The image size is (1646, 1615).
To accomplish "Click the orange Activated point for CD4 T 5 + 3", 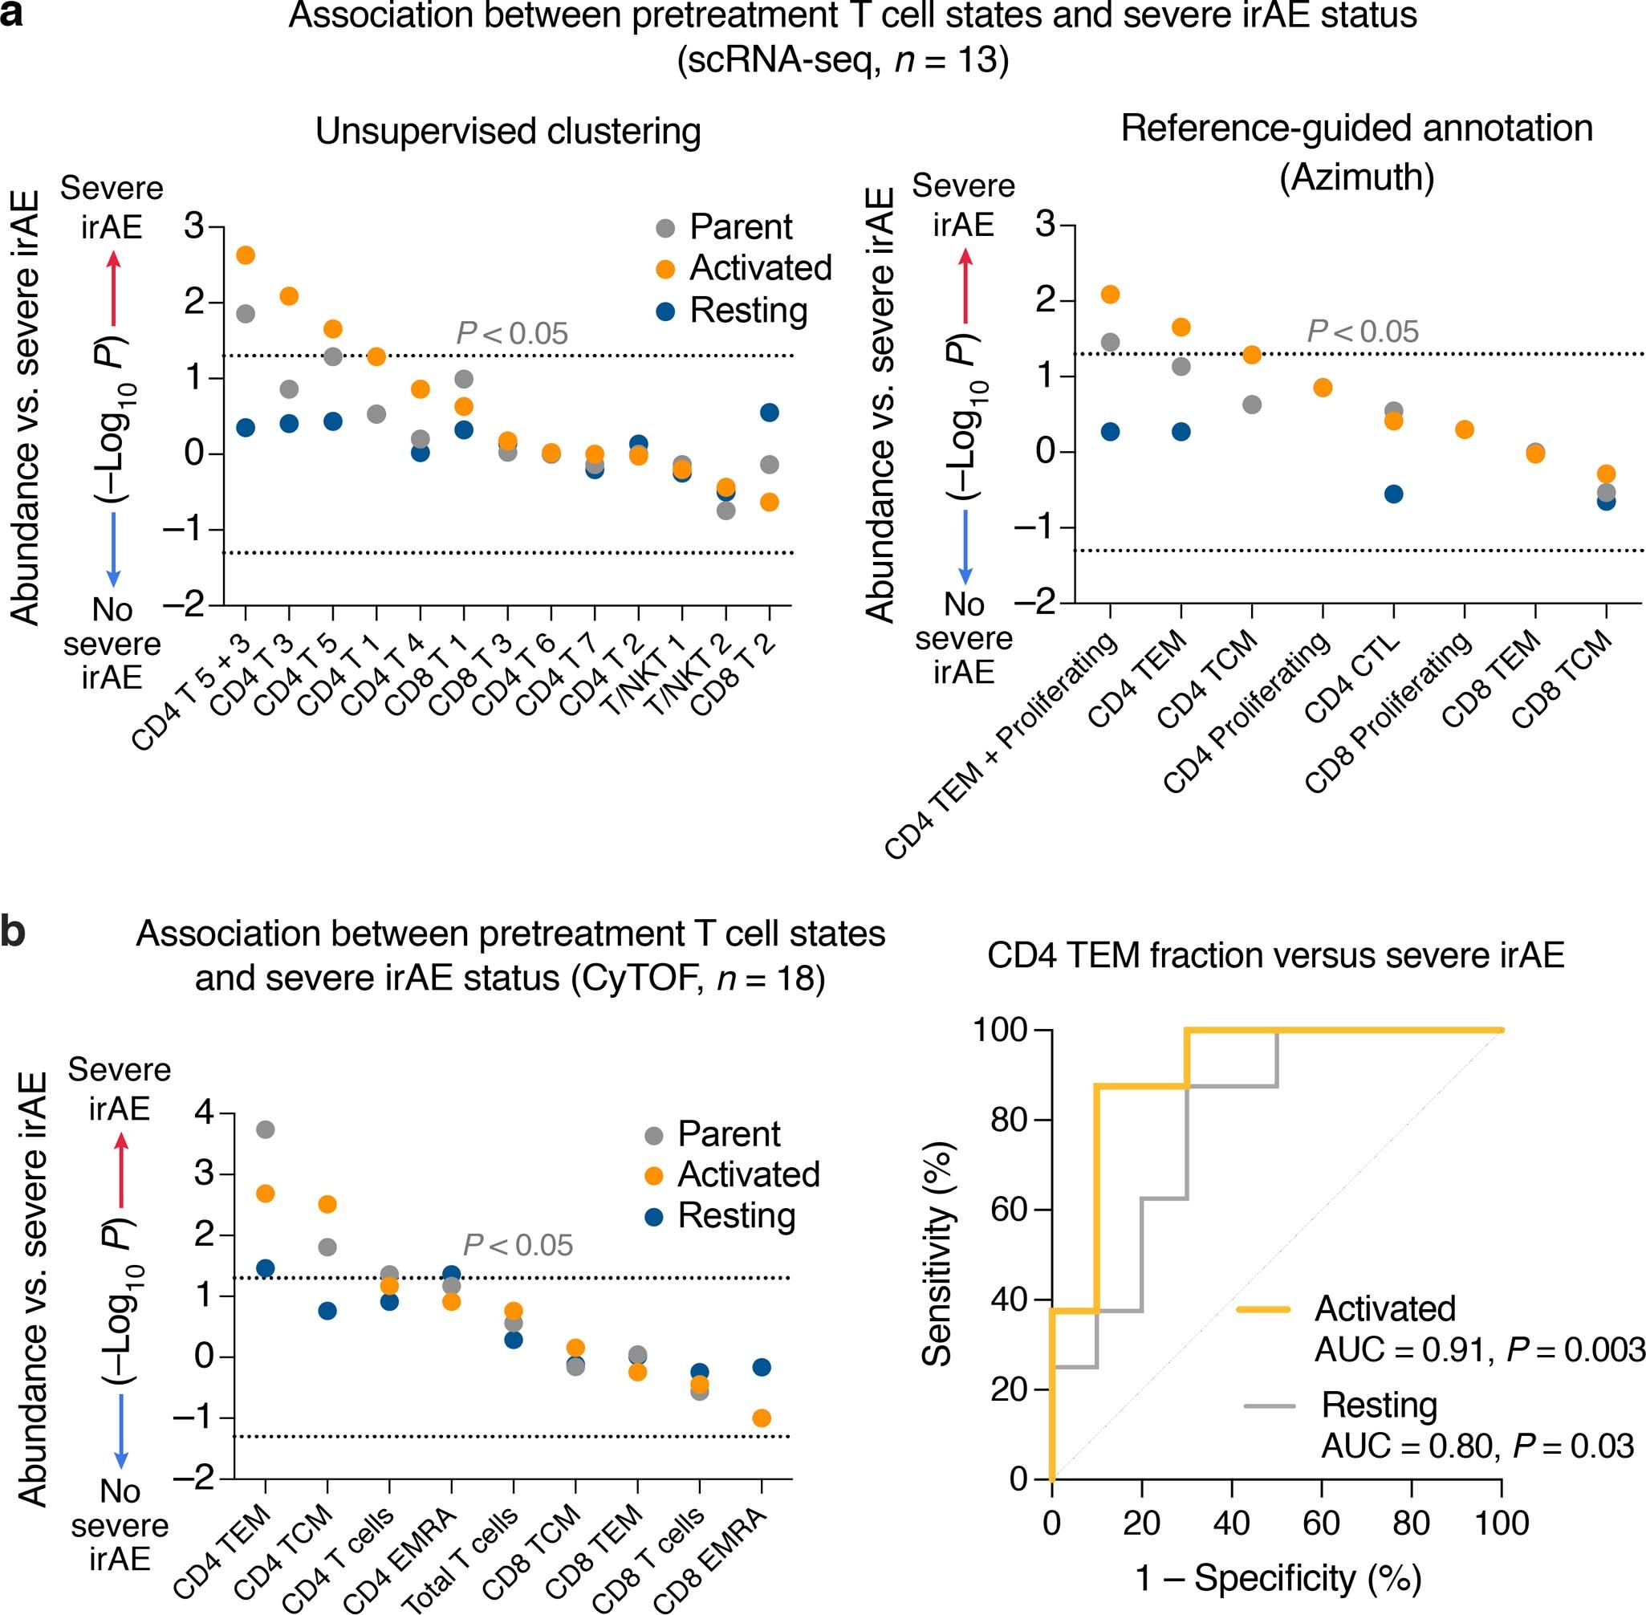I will click(x=245, y=255).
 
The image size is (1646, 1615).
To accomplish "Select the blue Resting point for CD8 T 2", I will click(x=769, y=413).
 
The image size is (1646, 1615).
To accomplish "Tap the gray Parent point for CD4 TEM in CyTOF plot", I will click(x=266, y=1130).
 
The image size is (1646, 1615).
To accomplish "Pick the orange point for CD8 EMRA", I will click(x=762, y=1418).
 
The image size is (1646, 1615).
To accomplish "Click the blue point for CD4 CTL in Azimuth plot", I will click(x=1393, y=494).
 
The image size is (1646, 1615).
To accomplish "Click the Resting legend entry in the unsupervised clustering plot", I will click(x=748, y=311).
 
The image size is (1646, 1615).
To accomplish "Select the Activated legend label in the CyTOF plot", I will click(x=748, y=1175).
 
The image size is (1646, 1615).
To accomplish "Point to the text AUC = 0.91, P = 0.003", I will click(x=1479, y=1349).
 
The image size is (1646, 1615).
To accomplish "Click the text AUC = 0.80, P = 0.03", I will click(x=1477, y=1446).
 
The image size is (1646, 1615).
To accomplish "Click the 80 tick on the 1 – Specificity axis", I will click(x=1411, y=1523).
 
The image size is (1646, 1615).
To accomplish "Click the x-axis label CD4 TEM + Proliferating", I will click(x=1001, y=746).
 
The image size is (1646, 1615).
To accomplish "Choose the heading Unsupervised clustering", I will click(x=508, y=132).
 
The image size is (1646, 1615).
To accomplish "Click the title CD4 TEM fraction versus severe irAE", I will click(x=1275, y=955).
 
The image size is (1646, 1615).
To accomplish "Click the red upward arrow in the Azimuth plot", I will click(x=965, y=284).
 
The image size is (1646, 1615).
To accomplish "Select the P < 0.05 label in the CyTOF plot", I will click(x=518, y=1245).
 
